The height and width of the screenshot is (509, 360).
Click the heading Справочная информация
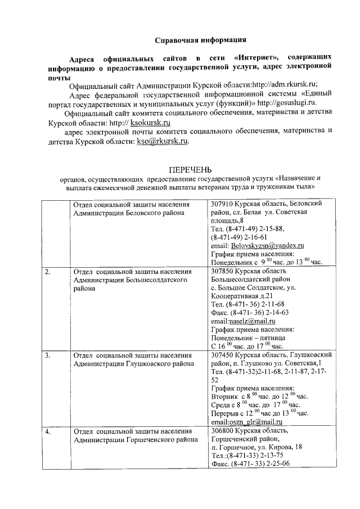click(x=200, y=40)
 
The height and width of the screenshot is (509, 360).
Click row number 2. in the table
click(x=48, y=272)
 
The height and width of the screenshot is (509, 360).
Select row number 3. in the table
click(x=48, y=355)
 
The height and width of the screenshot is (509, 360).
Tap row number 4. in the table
click(x=48, y=431)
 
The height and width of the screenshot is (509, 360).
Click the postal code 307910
click(x=222, y=204)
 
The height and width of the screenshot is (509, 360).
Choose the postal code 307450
click(x=222, y=355)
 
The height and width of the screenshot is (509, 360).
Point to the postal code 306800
click(x=222, y=431)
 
